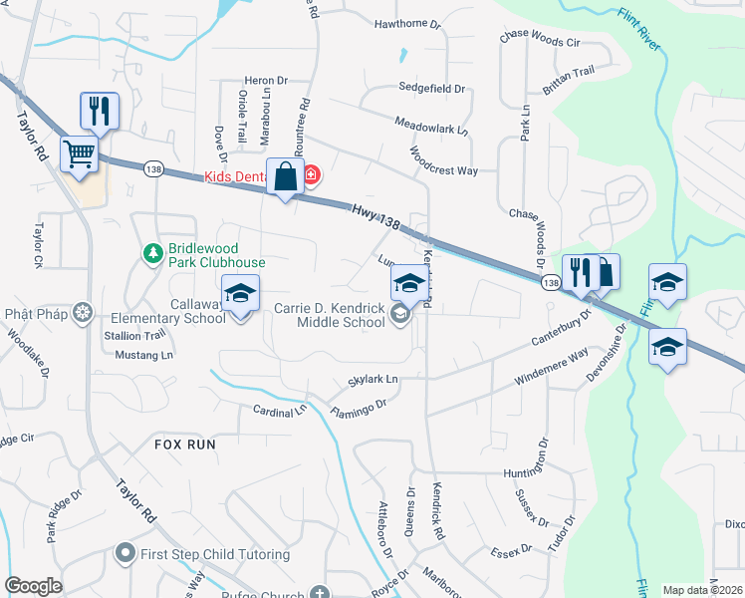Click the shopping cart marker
[x=80, y=154]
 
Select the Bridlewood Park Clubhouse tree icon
[x=152, y=254]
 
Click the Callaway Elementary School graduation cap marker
[x=239, y=294]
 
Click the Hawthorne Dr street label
[x=407, y=23]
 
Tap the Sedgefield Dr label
[x=432, y=89]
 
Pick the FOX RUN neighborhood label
[x=185, y=445]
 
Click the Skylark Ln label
[x=372, y=380]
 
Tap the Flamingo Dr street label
[x=358, y=409]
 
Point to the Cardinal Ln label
[x=280, y=410]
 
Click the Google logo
[x=33, y=587]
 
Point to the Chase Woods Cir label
[x=546, y=43]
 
